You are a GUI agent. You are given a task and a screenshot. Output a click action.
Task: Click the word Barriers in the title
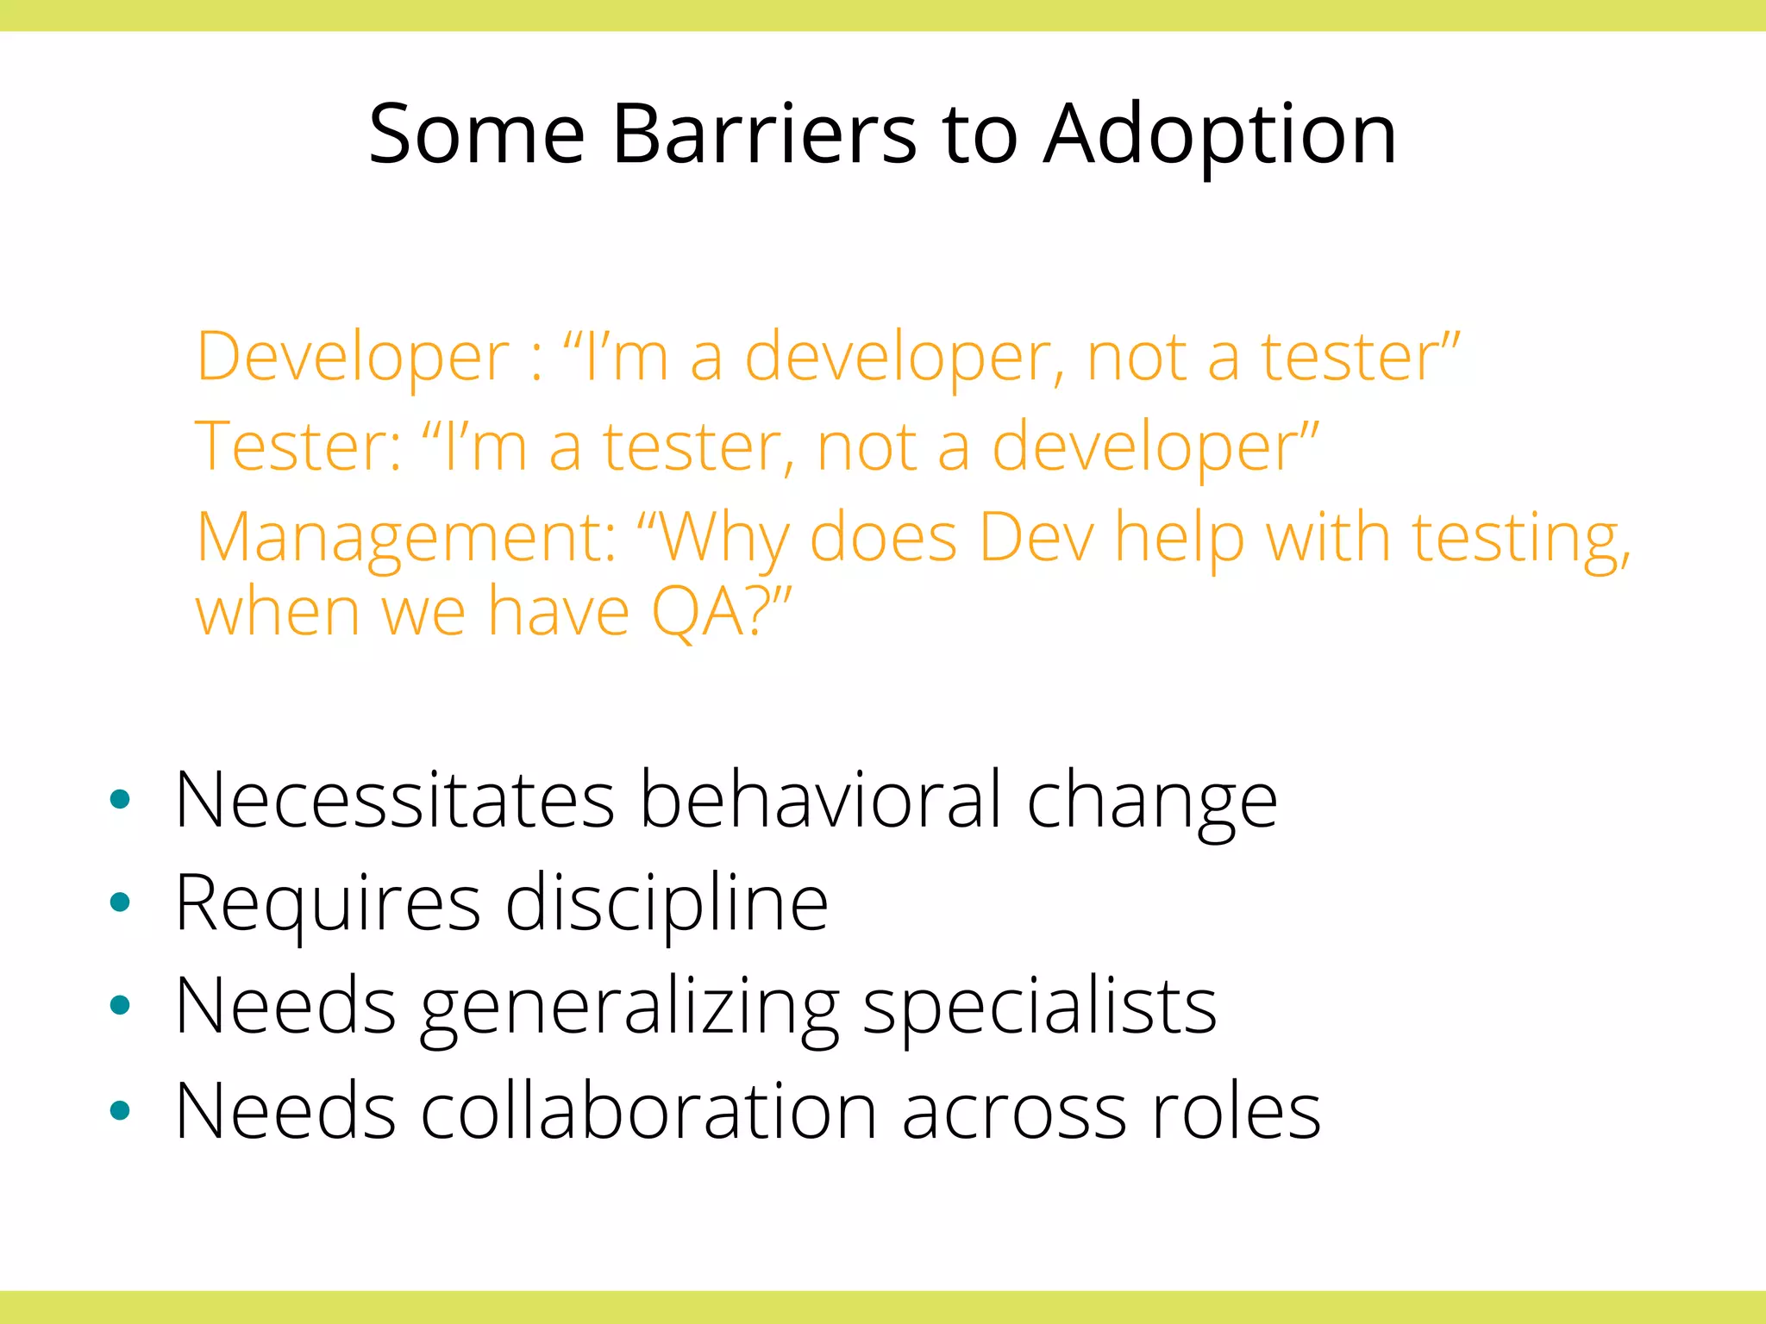pos(764,134)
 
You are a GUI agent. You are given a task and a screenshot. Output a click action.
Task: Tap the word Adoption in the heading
pos(1219,136)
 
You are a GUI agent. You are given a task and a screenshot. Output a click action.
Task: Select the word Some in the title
pos(476,134)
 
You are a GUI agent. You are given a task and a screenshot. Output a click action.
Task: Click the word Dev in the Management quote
pos(1036,538)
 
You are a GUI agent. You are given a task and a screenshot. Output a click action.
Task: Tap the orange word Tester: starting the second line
pos(298,447)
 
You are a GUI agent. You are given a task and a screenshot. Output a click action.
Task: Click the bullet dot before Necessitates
pos(121,800)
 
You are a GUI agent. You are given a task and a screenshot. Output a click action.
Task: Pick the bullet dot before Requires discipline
pos(121,902)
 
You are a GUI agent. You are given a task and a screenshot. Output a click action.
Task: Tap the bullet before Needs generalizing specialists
pos(121,1005)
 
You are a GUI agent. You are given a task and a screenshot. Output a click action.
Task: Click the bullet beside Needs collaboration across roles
pos(121,1110)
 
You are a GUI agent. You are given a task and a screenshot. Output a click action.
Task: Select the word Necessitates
pos(394,800)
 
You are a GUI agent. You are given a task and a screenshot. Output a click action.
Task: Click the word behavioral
pos(820,800)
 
